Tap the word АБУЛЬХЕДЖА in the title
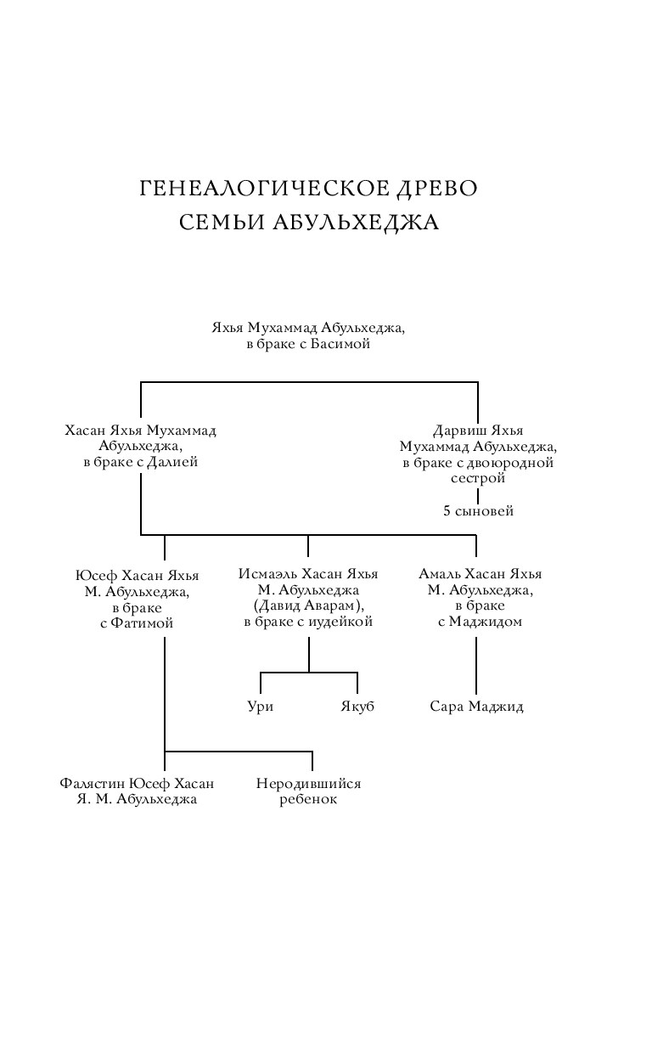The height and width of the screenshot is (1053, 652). point(356,222)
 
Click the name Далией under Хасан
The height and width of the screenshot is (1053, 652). point(172,462)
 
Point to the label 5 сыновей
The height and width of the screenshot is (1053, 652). point(478,511)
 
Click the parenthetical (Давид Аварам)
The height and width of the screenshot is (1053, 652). point(308,605)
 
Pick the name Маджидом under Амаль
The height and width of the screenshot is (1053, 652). point(485,622)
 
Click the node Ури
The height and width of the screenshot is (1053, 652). point(261,707)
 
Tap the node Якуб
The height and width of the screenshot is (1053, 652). point(357,707)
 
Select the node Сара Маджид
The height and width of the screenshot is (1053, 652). point(476,707)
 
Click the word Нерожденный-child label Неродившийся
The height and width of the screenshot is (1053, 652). point(308,784)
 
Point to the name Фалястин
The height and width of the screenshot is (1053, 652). point(93,784)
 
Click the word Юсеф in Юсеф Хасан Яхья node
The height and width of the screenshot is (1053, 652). point(96,576)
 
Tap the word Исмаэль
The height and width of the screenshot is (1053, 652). point(267,574)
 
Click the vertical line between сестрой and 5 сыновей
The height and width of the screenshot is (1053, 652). point(478,495)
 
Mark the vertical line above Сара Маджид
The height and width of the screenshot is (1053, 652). point(476,666)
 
